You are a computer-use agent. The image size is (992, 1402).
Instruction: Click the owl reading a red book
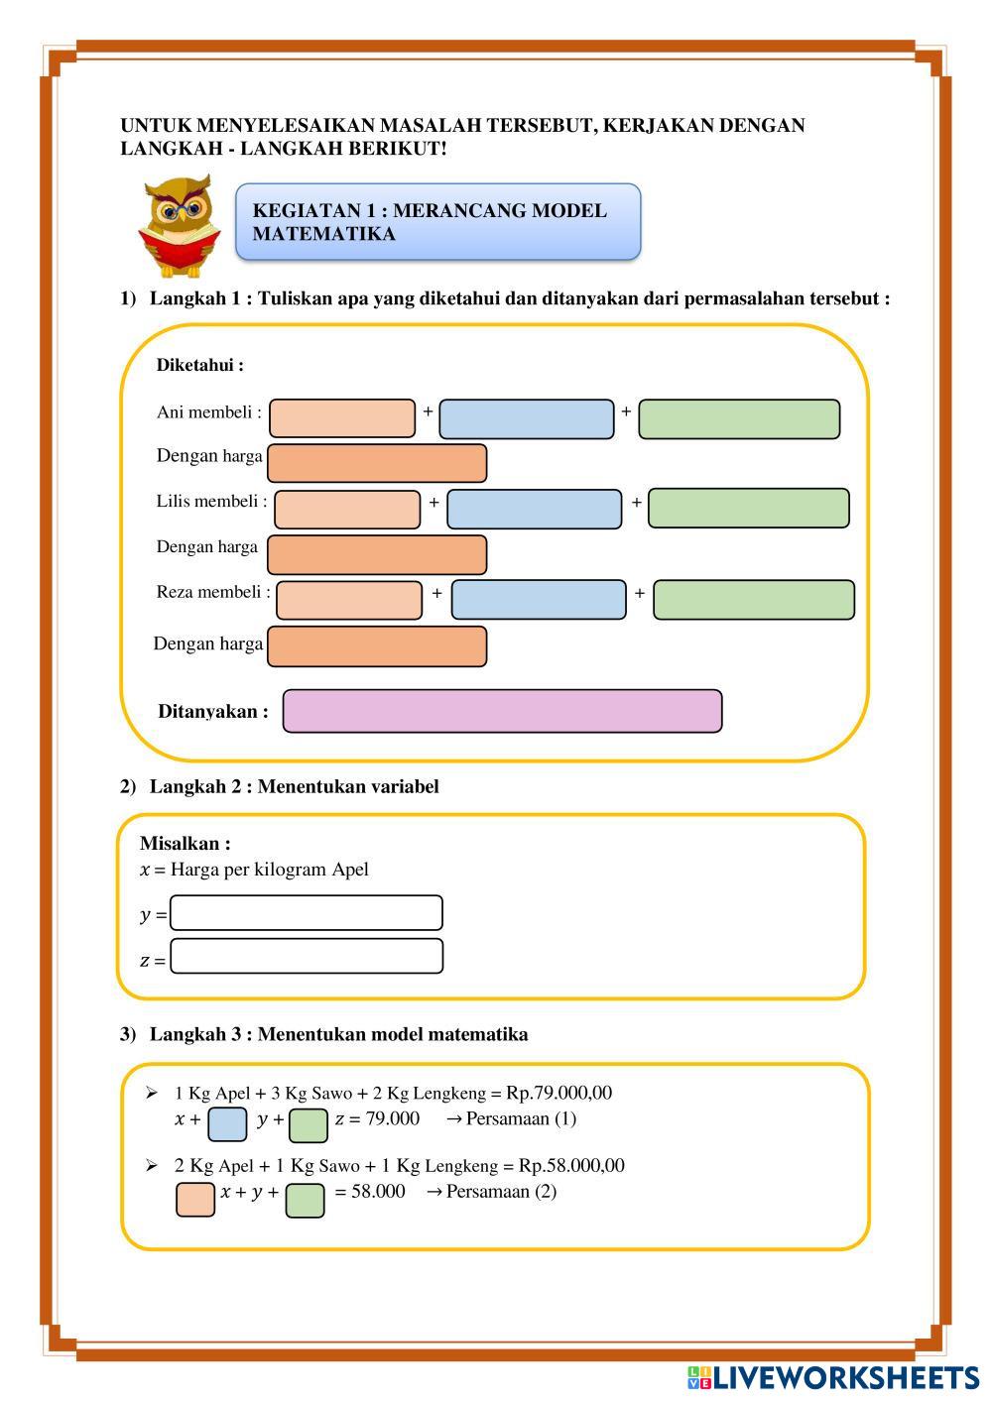[x=179, y=226]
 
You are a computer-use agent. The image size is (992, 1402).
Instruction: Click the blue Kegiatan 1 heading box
[x=437, y=222]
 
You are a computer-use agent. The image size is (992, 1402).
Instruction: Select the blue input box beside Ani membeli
[x=527, y=419]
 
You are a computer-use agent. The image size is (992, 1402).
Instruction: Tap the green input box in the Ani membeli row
[x=739, y=419]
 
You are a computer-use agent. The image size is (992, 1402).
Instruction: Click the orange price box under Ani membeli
[x=377, y=463]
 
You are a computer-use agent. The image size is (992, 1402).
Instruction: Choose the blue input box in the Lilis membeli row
[x=535, y=510]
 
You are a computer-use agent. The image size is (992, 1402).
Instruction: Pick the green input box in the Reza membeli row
[x=754, y=600]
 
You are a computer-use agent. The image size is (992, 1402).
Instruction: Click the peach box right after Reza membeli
[x=349, y=600]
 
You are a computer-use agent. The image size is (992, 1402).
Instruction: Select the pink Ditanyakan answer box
[x=502, y=711]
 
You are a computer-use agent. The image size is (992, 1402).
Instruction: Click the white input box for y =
[x=307, y=913]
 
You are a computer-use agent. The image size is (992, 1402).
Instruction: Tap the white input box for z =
[x=307, y=957]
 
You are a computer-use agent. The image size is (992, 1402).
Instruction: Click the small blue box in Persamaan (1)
[x=227, y=1125]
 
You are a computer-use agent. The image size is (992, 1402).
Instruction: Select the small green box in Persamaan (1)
[x=309, y=1125]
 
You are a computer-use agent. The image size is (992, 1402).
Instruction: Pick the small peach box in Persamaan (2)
[x=195, y=1199]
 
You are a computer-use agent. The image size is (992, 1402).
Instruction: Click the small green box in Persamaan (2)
[x=305, y=1199]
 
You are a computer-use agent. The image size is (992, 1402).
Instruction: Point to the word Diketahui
[x=199, y=365]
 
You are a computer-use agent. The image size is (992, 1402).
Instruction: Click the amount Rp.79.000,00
[x=559, y=1093]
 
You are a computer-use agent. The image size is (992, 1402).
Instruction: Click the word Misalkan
[x=185, y=844]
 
